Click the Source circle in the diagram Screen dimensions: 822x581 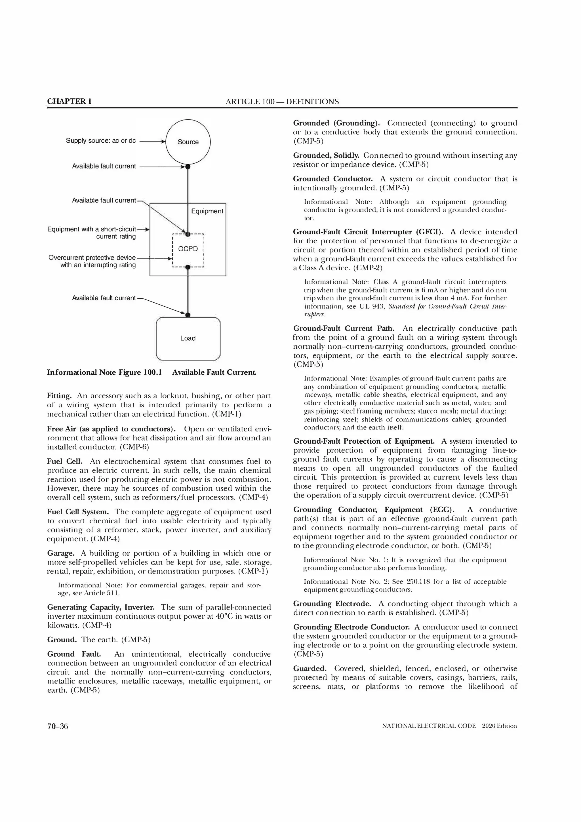pos(188,142)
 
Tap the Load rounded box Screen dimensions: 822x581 pos(188,338)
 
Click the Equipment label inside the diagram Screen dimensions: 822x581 pos(207,211)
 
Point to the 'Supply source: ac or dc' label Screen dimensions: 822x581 pos(101,141)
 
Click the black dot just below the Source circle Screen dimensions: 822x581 pos(188,166)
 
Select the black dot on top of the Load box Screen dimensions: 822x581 pos(188,315)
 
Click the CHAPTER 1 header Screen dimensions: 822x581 pos(69,101)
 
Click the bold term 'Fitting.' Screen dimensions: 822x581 pos(59,396)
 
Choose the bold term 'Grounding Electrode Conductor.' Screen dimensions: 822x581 pos(351,627)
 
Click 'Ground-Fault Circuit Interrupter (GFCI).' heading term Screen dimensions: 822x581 pos(368,232)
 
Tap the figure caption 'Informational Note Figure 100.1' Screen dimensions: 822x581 pos(104,372)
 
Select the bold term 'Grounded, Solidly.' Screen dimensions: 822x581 pos(326,155)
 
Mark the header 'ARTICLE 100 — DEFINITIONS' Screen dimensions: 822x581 pos(282,102)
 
